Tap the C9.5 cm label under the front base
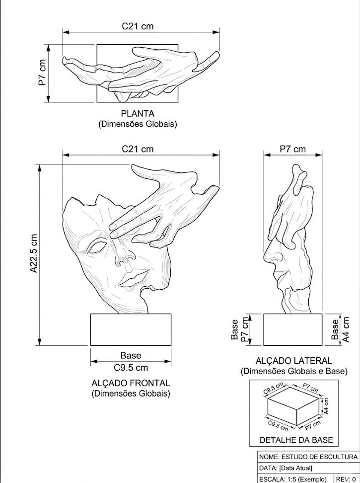click(x=131, y=368)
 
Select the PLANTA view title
click(x=138, y=114)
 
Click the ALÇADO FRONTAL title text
click(x=131, y=383)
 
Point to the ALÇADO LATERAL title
click(x=293, y=361)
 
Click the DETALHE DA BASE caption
click(x=296, y=440)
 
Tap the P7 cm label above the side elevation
click(x=292, y=149)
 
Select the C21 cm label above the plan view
click(x=138, y=26)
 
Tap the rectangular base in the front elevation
click(x=131, y=329)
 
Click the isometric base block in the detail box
click(x=293, y=407)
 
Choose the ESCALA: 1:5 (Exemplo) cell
click(x=293, y=479)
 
